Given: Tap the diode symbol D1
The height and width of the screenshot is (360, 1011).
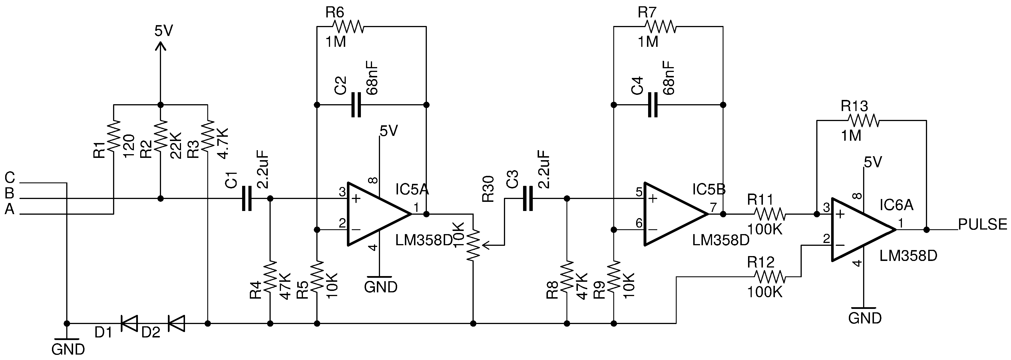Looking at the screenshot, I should click(x=129, y=323).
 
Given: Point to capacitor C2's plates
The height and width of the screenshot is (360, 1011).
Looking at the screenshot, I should click(x=355, y=105).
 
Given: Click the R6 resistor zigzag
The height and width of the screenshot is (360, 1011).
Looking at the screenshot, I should click(x=348, y=27).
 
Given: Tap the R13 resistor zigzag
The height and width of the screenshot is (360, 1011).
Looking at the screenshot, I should click(x=863, y=120).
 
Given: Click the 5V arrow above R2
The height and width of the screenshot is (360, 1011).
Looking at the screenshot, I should click(x=160, y=46).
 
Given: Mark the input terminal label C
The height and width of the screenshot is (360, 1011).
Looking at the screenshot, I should click(x=10, y=178).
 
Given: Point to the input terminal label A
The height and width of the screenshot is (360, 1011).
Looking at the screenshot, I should click(x=9, y=210).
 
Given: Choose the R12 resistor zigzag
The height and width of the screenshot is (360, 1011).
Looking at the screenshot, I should click(x=770, y=277).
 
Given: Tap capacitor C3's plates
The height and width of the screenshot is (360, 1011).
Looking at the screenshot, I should click(x=528, y=199).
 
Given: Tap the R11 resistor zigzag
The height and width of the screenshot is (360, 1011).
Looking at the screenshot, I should click(x=770, y=214).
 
